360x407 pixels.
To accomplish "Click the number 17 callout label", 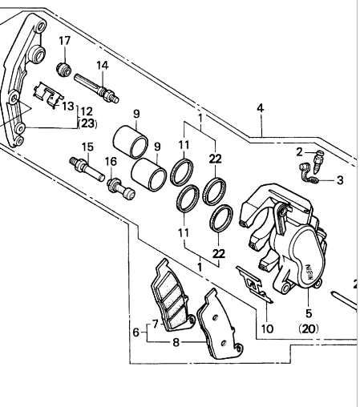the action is (x=65, y=41).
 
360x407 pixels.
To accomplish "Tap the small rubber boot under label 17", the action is (x=64, y=69).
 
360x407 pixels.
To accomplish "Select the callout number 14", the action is (x=103, y=65).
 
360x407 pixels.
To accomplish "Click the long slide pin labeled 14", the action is (x=96, y=88).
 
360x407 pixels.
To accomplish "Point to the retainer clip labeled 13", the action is (x=47, y=95).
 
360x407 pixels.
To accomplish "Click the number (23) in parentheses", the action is (x=87, y=123).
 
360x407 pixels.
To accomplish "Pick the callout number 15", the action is (x=87, y=147).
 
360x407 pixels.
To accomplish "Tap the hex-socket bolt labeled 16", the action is (x=121, y=188).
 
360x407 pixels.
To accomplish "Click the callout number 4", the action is (x=260, y=108).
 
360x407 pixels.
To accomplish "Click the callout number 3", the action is (x=340, y=180).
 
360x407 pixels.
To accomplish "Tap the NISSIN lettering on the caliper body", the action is (x=309, y=272).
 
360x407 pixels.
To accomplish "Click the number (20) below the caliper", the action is (x=309, y=328).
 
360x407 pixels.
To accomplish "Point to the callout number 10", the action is (x=267, y=328).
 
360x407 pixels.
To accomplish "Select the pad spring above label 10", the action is (x=254, y=284).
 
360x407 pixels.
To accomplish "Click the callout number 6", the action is (x=136, y=332).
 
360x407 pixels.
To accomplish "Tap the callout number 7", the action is (x=156, y=324).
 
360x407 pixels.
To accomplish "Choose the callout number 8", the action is (x=176, y=342).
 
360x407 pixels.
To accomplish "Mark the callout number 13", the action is (x=68, y=106).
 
